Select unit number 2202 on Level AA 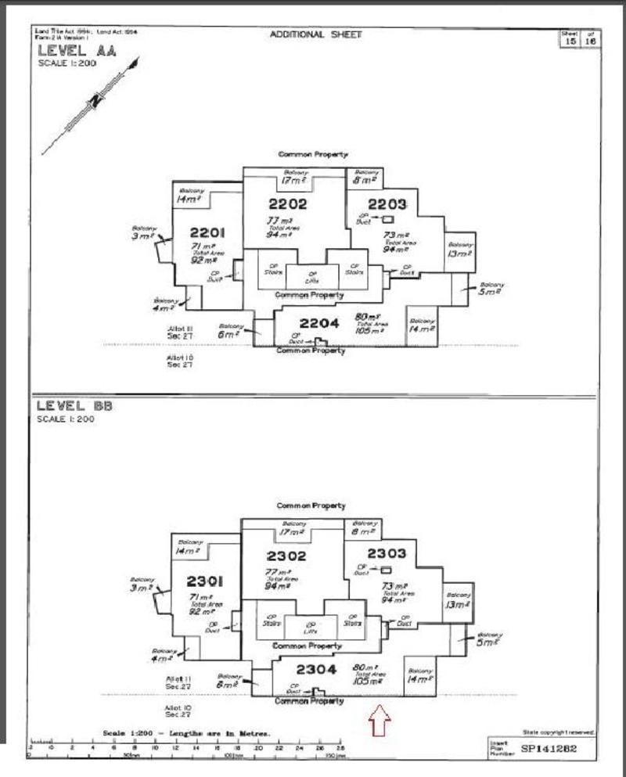[287, 205]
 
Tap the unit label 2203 [387, 204]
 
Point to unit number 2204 [319, 323]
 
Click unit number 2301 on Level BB [206, 581]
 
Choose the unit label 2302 [286, 556]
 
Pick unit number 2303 [387, 554]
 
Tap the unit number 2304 [317, 670]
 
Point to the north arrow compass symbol [95, 102]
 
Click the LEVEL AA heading [67, 51]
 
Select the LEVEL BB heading [67, 406]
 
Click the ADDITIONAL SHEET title [315, 34]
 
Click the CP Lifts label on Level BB [310, 626]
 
